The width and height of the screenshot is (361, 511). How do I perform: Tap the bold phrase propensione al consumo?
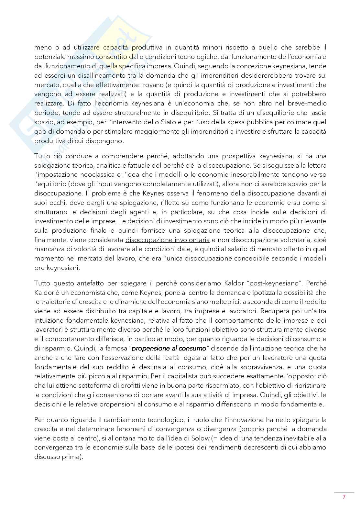coord(169,349)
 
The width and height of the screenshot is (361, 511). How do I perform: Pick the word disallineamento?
coord(92,75)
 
